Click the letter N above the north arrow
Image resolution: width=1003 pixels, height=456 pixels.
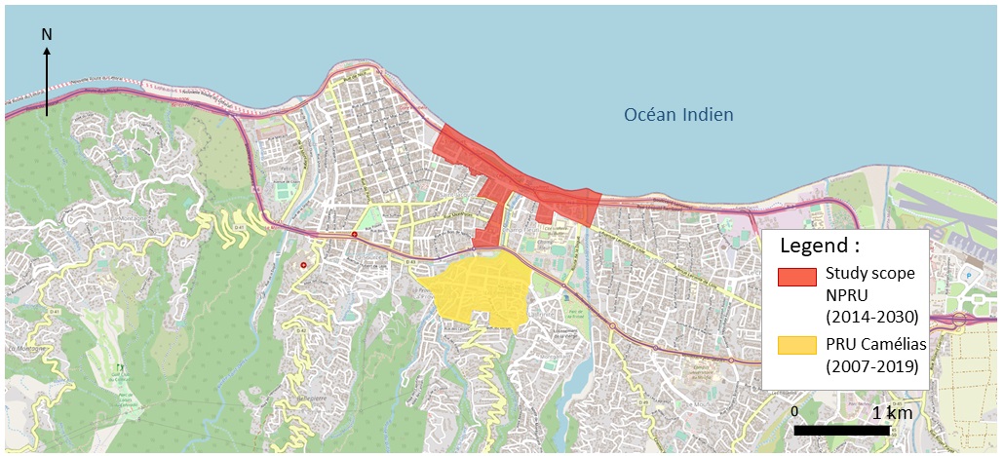pyautogui.click(x=47, y=35)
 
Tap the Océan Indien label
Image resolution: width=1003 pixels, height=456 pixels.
pyautogui.click(x=678, y=116)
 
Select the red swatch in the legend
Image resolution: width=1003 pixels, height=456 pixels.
pyautogui.click(x=796, y=276)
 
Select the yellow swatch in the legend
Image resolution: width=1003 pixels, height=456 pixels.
pyautogui.click(x=796, y=344)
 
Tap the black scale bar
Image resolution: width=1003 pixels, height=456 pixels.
pyautogui.click(x=841, y=430)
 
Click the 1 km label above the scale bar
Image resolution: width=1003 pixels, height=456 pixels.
pyautogui.click(x=892, y=413)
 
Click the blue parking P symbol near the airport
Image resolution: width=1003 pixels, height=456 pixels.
pyautogui.click(x=968, y=275)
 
